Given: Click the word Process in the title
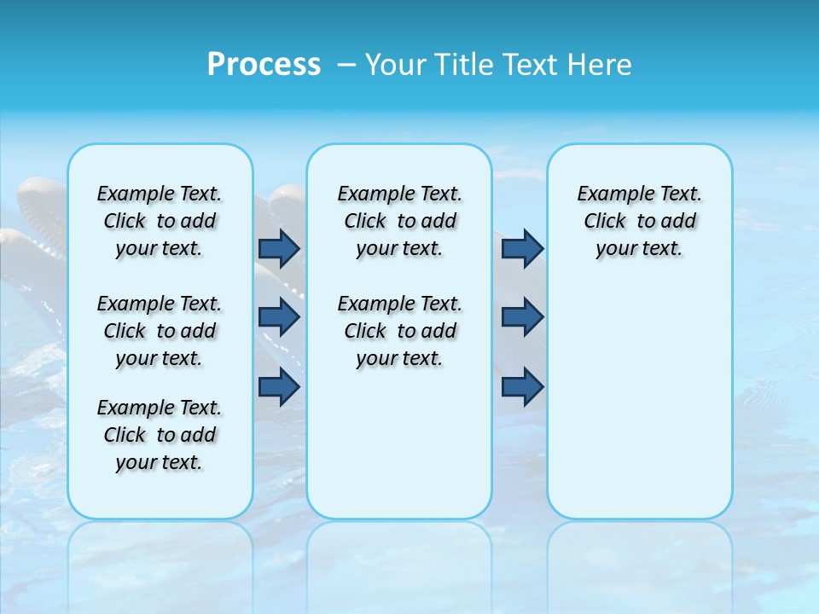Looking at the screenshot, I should click(264, 64).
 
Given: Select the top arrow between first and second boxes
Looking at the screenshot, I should click(279, 248).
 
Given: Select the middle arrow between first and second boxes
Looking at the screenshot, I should click(279, 317).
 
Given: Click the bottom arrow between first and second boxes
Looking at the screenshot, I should click(279, 386).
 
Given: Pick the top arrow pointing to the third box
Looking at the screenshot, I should click(522, 248).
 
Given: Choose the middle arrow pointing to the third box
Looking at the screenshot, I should click(522, 317).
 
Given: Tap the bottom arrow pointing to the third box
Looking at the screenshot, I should click(522, 386).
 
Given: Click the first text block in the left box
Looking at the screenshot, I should click(160, 221).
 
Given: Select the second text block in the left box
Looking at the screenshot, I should click(160, 331).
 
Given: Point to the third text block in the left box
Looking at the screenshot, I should click(160, 435).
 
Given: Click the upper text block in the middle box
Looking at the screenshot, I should click(399, 221).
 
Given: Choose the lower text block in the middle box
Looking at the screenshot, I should click(399, 331).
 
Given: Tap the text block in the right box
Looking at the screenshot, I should click(639, 221).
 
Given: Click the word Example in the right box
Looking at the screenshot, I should click(611, 194).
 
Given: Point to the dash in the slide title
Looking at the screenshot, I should click(346, 64).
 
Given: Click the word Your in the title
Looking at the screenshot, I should click(396, 64).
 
